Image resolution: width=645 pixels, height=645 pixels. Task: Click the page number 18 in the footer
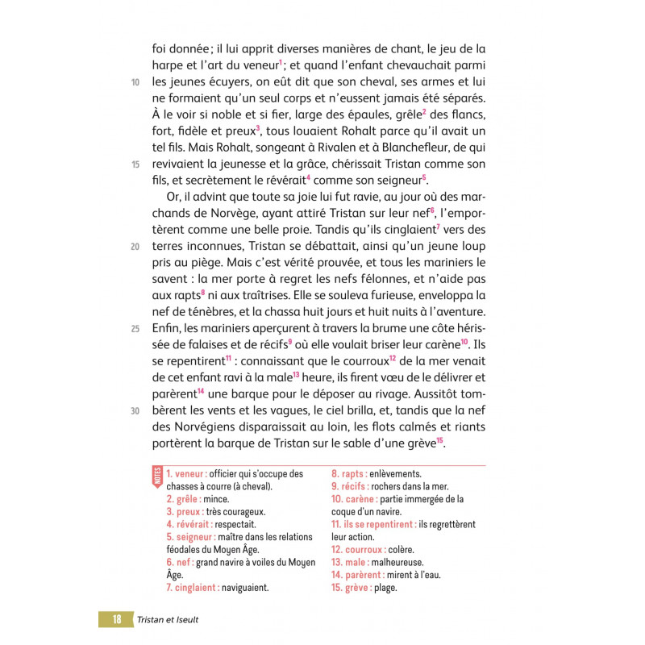tap(117, 619)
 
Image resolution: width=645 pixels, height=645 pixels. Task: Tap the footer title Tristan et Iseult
tap(168, 619)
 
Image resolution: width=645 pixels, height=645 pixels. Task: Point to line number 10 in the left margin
tap(135, 82)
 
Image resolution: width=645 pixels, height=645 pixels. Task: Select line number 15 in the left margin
tap(135, 164)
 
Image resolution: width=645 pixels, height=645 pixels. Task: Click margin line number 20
tap(135, 246)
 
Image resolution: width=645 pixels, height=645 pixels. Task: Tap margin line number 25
tap(135, 328)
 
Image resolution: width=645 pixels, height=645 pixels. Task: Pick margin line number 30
tap(135, 410)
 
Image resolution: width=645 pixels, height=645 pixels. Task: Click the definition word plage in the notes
tap(385, 587)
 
